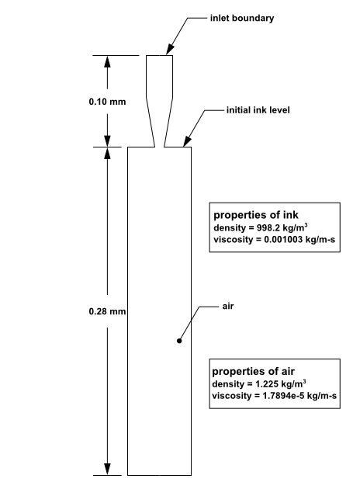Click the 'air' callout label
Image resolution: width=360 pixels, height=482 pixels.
[x=228, y=307]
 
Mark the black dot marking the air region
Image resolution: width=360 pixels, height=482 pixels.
[x=178, y=340]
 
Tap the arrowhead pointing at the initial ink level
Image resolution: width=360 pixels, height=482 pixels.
[x=185, y=142]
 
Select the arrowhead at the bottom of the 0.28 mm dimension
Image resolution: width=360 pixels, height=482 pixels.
[x=108, y=469]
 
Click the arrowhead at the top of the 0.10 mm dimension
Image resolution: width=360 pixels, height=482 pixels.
[x=108, y=61]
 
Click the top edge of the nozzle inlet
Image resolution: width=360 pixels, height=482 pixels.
[x=159, y=55]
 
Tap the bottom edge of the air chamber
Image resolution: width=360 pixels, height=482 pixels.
[x=159, y=474]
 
